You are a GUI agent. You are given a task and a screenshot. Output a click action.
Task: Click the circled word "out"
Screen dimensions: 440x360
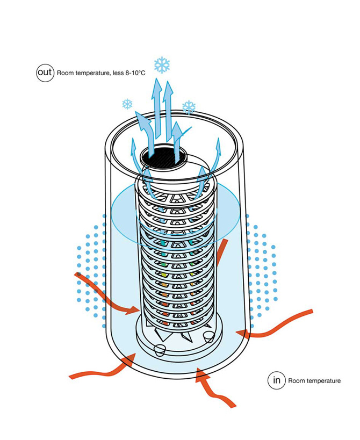pyautogui.click(x=45, y=73)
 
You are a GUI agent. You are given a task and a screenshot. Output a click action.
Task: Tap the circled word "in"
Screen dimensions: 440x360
pyautogui.click(x=277, y=380)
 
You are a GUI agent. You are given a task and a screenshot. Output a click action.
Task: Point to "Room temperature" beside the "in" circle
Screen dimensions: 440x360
pyautogui.click(x=314, y=381)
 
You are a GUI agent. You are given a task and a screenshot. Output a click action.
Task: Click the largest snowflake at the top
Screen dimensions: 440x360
pyautogui.click(x=162, y=66)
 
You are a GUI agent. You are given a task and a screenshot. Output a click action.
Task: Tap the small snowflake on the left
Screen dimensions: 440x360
pyautogui.click(x=128, y=104)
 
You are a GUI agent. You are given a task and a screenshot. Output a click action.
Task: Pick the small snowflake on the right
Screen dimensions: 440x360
pyautogui.click(x=189, y=107)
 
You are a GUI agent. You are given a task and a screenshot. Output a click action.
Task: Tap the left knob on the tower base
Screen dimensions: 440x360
pyautogui.click(x=159, y=349)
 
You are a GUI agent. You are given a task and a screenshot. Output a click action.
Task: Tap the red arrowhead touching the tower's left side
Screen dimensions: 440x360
pyautogui.click(x=135, y=310)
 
